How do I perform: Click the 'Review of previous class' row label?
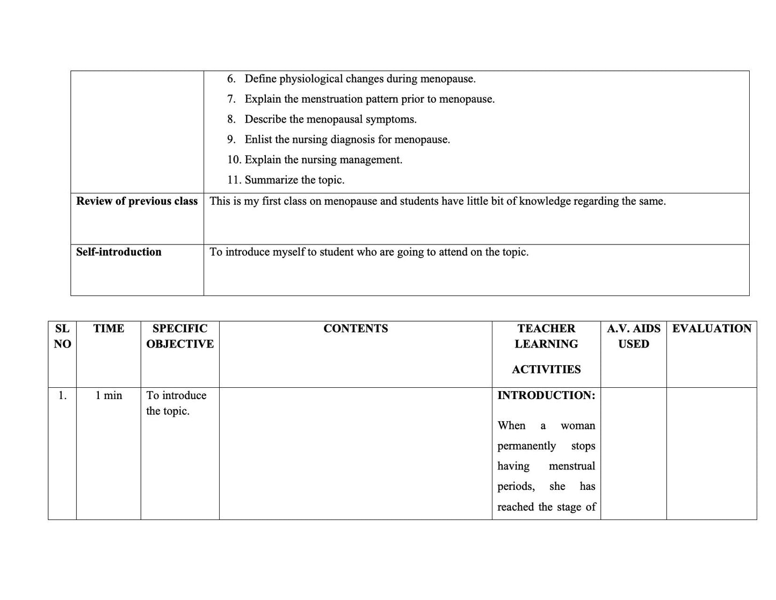tap(136, 201)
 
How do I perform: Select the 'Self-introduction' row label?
tap(119, 252)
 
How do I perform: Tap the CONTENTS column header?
tap(356, 329)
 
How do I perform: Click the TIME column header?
tap(108, 329)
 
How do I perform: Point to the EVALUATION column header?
tap(712, 329)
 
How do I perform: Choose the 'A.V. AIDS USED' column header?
tap(634, 336)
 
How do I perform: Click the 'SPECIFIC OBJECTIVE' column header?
tap(180, 336)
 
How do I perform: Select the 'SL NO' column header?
tap(62, 336)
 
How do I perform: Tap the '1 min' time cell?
tap(108, 396)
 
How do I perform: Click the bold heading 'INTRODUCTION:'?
tap(546, 396)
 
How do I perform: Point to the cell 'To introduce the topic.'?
tap(176, 403)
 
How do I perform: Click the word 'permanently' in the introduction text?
tap(526, 446)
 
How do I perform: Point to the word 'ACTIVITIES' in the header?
tap(546, 370)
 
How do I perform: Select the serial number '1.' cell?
tap(62, 396)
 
